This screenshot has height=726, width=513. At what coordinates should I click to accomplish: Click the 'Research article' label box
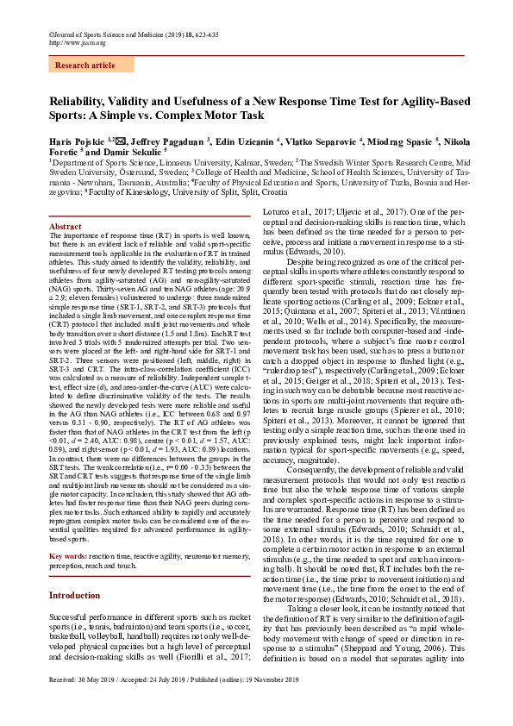tap(84, 65)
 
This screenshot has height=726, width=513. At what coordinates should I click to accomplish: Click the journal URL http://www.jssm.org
tap(76, 41)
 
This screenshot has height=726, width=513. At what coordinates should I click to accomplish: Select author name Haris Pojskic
tap(74, 140)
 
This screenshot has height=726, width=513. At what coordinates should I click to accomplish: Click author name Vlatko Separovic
tap(321, 140)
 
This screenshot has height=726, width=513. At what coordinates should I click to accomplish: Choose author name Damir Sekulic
tap(128, 150)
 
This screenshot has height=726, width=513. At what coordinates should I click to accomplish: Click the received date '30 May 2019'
tap(94, 703)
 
